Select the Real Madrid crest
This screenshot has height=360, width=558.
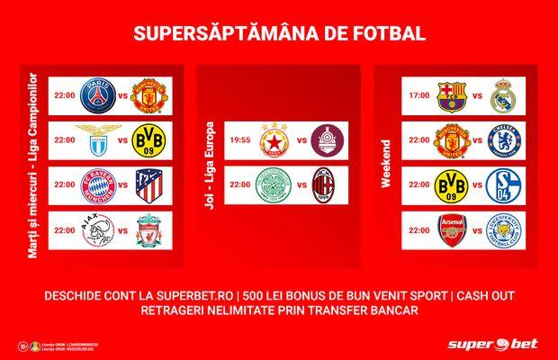(501, 94)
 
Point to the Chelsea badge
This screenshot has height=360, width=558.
(501, 140)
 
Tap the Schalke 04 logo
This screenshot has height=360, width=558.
(501, 186)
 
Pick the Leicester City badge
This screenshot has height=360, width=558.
(501, 231)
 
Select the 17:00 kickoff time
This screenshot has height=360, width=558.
(418, 94)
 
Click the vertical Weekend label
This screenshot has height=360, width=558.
(386, 162)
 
